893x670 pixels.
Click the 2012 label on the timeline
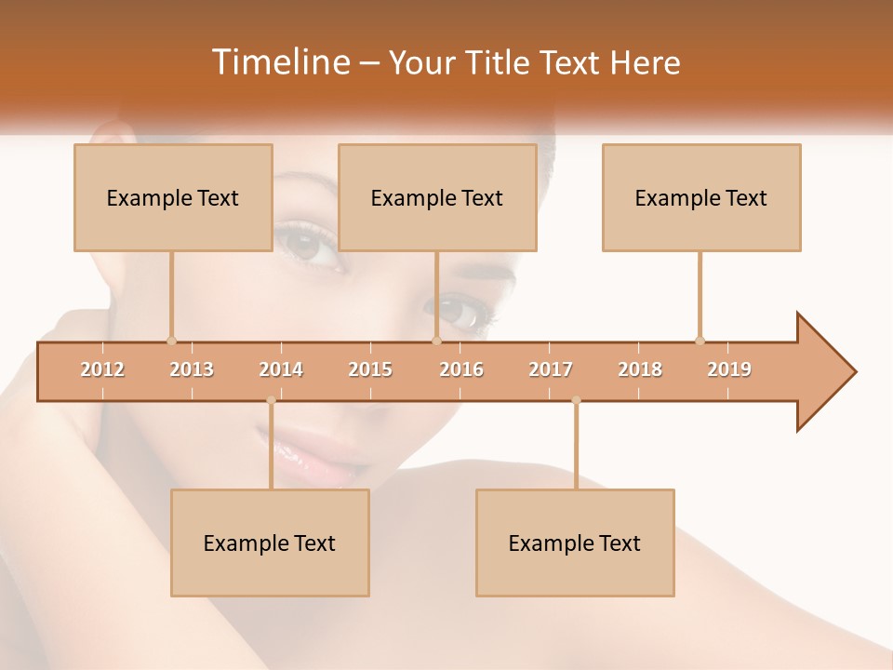pos(102,369)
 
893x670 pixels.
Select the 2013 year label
pos(192,369)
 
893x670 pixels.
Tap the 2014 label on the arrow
pos(281,369)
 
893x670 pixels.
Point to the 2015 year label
pos(370,369)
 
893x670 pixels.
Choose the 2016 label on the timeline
pos(461,369)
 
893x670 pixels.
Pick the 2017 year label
pos(551,369)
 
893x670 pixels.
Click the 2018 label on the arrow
pos(640,369)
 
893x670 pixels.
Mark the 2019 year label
pos(729,369)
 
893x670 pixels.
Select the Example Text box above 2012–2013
pos(173,197)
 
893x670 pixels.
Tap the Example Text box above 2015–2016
pos(437,197)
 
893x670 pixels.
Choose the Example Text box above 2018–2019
pos(701,197)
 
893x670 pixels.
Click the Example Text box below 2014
pos(270,543)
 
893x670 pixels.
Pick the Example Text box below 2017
pos(575,543)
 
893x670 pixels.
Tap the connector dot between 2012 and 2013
pos(171,341)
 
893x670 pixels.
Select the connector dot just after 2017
pos(576,400)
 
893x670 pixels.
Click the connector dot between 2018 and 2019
pos(700,341)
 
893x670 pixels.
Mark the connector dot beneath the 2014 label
pos(271,400)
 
